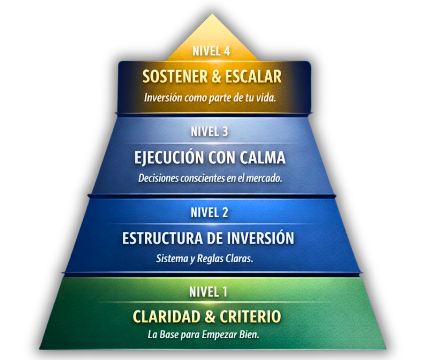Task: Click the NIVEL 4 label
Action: coord(211,51)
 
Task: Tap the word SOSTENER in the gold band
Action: coord(175,77)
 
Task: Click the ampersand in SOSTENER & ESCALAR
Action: coord(216,77)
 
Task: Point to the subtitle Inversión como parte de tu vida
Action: coord(210,98)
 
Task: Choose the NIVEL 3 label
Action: coord(209,132)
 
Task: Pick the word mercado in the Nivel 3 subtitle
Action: coord(264,178)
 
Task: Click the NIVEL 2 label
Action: coord(209,213)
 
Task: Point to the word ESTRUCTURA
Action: coord(163,239)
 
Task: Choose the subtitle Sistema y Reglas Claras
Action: coord(204,260)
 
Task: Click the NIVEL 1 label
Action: coord(208,292)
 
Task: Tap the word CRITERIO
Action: coord(250,317)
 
